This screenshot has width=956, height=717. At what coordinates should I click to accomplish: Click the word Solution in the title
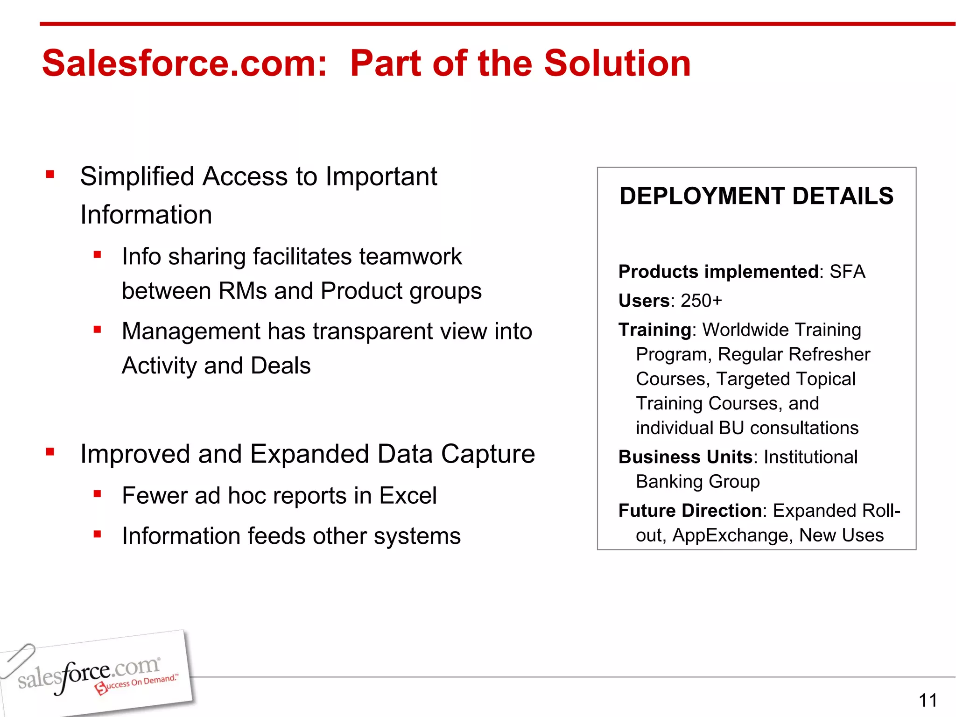[617, 63]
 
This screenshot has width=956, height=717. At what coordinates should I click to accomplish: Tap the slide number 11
[928, 700]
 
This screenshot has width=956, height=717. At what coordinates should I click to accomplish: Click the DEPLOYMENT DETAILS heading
[756, 196]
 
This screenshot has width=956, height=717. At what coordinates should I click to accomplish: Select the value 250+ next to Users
[701, 301]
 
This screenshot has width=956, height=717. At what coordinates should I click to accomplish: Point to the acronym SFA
[847, 272]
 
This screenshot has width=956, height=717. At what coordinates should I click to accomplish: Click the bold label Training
[654, 330]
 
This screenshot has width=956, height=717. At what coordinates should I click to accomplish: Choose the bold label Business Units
[685, 457]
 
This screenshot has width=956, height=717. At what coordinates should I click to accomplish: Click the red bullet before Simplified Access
[50, 175]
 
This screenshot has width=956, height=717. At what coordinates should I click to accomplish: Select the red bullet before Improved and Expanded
[50, 451]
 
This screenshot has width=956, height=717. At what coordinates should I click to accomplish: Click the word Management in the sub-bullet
[190, 331]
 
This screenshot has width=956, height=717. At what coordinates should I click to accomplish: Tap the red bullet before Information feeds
[97, 534]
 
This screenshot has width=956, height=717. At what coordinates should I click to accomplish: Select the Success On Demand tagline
[138, 683]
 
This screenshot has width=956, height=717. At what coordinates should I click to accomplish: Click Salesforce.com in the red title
[184, 63]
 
